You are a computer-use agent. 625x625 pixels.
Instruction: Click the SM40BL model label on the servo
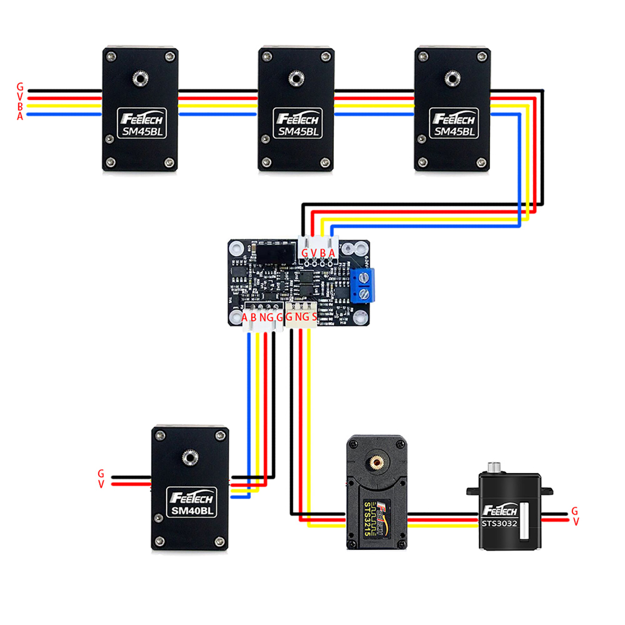(x=192, y=511)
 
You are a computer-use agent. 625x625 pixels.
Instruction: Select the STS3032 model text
(x=499, y=523)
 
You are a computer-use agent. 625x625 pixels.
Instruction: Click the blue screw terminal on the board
(x=363, y=285)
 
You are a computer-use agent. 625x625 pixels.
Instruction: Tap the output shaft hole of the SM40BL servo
(x=190, y=458)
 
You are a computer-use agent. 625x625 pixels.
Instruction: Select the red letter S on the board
(x=314, y=317)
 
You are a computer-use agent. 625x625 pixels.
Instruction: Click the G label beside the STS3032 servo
(x=574, y=511)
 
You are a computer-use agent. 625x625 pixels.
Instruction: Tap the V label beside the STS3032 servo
(x=576, y=521)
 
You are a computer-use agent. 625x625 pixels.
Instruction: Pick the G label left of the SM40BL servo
(x=101, y=474)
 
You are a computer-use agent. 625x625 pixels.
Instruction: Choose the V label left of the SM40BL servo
(x=101, y=484)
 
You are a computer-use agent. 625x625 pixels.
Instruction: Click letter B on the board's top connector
(x=322, y=254)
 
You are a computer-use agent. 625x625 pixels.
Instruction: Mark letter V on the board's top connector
(x=314, y=254)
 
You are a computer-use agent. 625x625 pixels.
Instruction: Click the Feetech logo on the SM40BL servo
(x=192, y=498)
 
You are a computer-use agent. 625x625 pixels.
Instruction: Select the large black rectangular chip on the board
(x=276, y=253)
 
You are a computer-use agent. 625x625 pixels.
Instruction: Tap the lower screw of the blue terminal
(x=365, y=295)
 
